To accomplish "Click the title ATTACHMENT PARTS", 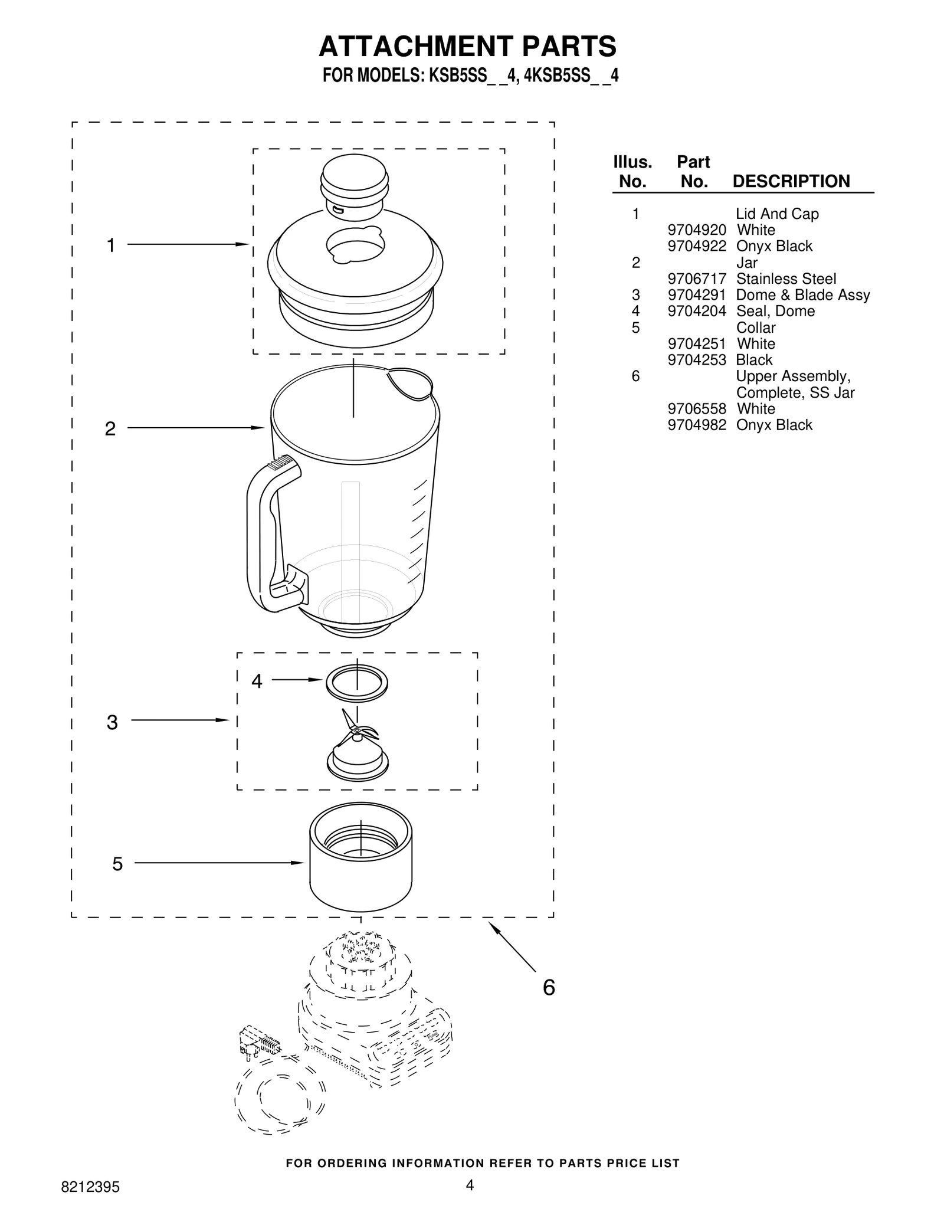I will coord(467,47).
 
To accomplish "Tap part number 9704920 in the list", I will coord(696,230).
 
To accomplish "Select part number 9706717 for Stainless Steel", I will coord(696,279).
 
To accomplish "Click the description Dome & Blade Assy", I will coord(802,295).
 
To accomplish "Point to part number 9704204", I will coord(696,311).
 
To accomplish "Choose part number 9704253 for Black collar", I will coord(696,360).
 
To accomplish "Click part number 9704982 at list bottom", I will coord(696,425).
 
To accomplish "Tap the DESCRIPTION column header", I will coord(791,181).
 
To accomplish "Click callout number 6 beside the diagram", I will coord(549,987).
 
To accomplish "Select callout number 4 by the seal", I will coord(257,682).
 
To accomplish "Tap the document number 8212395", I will coord(90,1187).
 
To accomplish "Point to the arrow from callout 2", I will coord(195,428).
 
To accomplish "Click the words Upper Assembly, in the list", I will coord(792,376).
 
